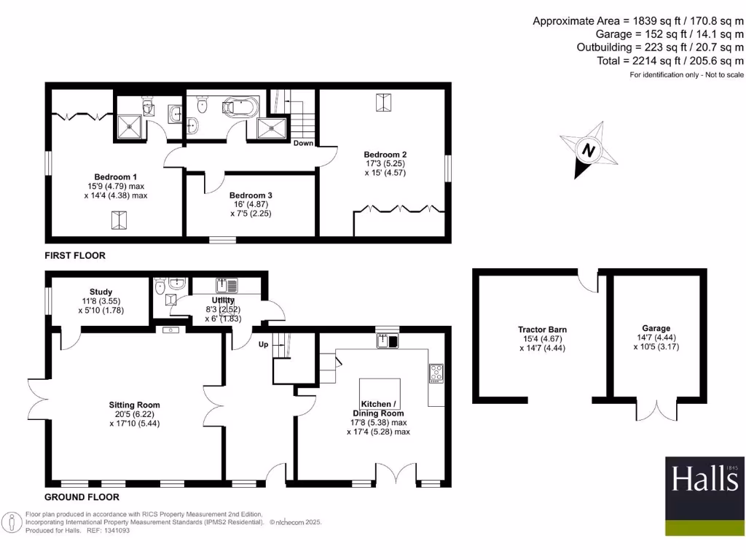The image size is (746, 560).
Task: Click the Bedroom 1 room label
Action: point(115,177)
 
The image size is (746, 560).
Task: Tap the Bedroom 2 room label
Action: point(385,155)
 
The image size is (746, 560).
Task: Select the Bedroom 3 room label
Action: point(251,195)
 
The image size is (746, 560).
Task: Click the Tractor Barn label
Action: point(542,330)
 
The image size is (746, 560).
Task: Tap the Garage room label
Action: point(656,328)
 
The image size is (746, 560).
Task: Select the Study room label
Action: point(101,292)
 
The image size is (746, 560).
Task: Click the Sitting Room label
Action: point(134,405)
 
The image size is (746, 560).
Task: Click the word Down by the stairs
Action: point(303,143)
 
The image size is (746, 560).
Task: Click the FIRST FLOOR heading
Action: point(74,256)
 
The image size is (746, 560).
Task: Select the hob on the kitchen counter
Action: point(436,373)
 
